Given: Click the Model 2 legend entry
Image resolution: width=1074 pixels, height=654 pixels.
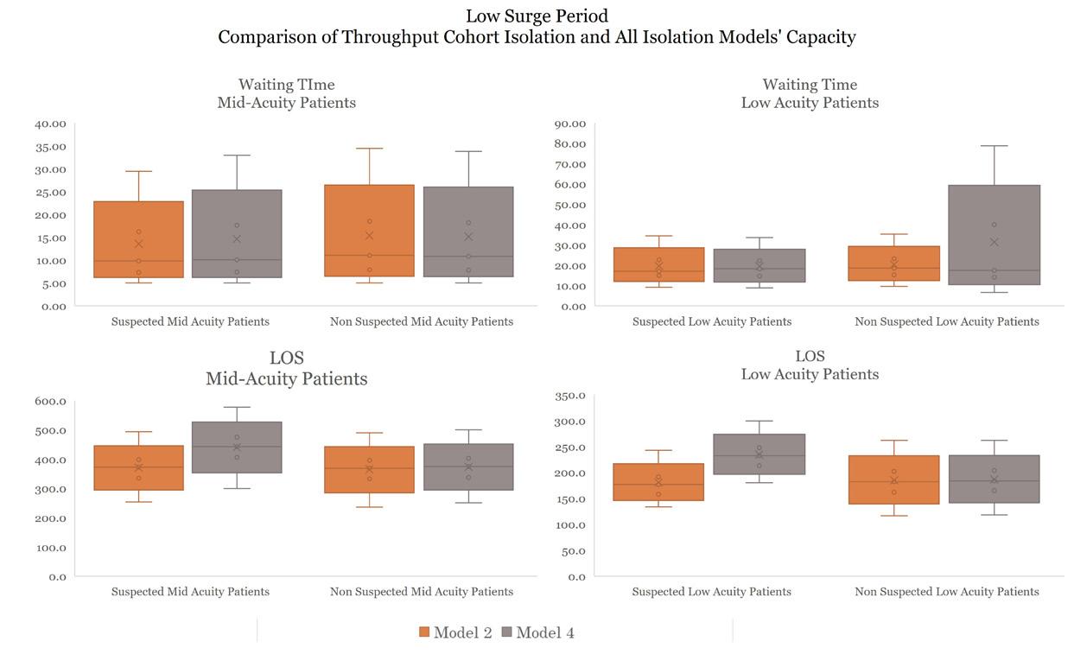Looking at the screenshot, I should coord(455,632).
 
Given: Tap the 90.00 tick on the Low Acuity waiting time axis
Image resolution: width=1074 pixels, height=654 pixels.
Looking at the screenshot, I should coord(570,124).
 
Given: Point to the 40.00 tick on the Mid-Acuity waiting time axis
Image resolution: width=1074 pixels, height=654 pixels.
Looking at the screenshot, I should coord(50,124).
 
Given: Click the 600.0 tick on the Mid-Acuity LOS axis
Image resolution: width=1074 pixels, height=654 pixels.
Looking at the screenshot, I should coord(51,401).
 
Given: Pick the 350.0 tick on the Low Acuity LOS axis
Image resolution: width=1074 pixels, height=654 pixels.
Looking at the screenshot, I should coord(570,396).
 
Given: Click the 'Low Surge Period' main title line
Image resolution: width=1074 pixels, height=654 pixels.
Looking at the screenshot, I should coord(537,16).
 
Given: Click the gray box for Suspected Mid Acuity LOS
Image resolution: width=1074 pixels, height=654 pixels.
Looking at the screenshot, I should coord(237,447).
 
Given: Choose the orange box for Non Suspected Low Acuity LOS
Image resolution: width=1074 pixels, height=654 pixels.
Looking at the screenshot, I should coord(894,479).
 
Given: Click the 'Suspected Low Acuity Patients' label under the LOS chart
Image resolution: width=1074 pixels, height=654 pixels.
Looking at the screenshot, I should coord(711,592).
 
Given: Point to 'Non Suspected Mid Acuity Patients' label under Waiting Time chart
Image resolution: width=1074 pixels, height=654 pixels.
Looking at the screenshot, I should coord(421,321).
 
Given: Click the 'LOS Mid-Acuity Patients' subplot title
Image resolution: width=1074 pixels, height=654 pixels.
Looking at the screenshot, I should coord(286,368).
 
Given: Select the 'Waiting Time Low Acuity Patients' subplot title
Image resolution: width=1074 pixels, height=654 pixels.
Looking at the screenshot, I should coord(810,93).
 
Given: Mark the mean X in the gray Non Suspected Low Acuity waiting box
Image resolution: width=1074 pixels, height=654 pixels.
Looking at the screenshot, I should coord(994,242).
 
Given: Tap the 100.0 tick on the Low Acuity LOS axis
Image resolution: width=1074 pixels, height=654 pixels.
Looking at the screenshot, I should coord(570,525).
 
